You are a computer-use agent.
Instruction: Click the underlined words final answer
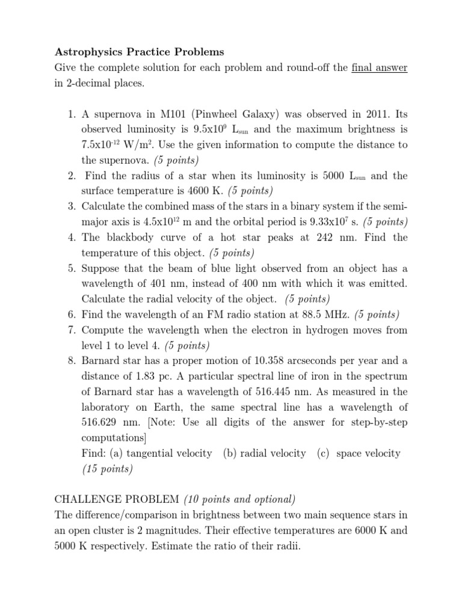[x=380, y=67]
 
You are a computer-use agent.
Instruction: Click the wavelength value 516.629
[x=96, y=422]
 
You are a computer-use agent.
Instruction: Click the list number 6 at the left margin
[x=71, y=314]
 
